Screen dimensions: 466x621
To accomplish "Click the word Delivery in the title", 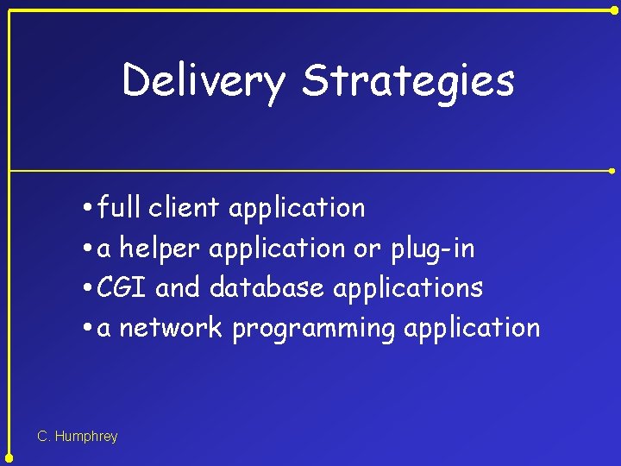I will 203,81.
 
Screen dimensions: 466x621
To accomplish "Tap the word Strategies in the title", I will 408,81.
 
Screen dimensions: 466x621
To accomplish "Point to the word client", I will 185,208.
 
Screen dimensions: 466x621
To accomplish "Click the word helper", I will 160,249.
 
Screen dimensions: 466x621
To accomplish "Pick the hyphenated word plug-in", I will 432,249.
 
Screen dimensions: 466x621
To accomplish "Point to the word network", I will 171,328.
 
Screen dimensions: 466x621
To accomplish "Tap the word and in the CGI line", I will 178,287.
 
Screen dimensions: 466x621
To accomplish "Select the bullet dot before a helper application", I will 90,249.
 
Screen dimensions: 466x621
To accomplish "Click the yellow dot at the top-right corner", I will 613,9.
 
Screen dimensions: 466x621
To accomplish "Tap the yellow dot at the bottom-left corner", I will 9,457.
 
